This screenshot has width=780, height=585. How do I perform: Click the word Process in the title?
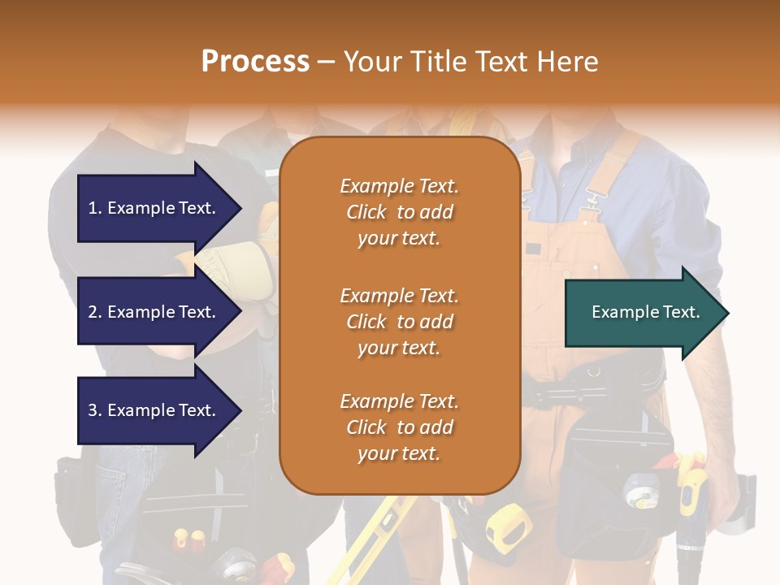point(255,62)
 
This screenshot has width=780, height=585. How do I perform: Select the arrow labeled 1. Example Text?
point(158,208)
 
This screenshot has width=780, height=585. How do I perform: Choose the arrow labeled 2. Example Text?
point(158,312)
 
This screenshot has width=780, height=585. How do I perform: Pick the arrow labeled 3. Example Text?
point(158,410)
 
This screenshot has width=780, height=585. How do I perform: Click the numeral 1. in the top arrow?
point(95,208)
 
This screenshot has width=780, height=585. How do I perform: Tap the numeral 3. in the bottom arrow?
point(95,410)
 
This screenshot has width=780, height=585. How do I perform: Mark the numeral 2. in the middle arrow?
point(95,312)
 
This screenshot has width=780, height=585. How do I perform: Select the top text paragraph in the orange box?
point(399,212)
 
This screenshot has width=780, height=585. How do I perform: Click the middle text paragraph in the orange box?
point(399,322)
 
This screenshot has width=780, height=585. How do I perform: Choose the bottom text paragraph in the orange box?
point(399,427)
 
